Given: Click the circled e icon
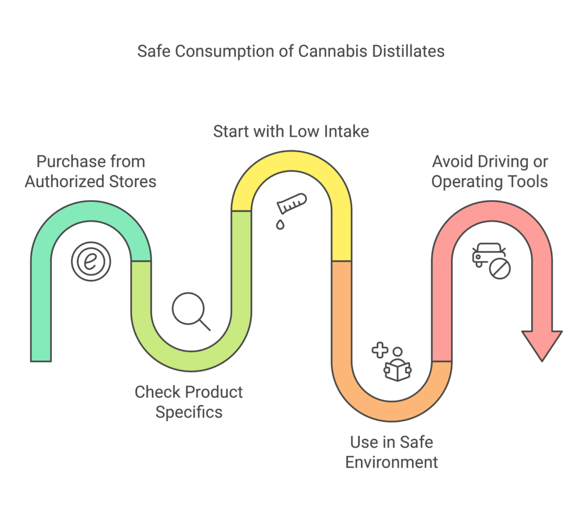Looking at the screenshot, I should [91, 262].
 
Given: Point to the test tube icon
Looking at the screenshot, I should [291, 203].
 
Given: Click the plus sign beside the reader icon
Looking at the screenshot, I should [379, 349].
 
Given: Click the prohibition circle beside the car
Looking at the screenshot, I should [500, 268].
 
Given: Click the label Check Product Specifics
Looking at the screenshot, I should [188, 401].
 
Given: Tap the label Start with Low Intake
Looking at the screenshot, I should [291, 131].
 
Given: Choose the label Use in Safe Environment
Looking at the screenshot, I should [392, 451].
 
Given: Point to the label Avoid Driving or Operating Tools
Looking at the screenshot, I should [490, 172].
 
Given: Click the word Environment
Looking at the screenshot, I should [392, 461].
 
